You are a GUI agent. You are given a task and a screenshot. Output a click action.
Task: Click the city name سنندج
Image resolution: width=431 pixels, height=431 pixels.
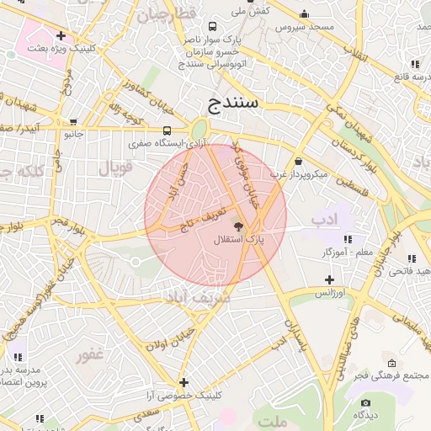tap(237, 104)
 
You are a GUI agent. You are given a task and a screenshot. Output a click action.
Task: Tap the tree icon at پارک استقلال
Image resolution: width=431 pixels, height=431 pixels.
tap(239, 226)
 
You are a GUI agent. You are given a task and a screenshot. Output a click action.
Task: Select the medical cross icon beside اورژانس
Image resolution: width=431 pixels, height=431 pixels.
tap(329, 279)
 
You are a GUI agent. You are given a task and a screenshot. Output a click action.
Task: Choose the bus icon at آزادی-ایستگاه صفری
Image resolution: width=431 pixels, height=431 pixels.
tap(167, 130)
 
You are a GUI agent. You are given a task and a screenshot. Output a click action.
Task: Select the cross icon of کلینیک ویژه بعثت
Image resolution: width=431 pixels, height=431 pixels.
tap(61, 35)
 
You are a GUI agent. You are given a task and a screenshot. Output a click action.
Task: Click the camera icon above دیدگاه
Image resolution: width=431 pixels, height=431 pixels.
tap(364, 401)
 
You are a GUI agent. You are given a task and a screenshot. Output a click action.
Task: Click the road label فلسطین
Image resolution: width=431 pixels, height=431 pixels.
tap(352, 192)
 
